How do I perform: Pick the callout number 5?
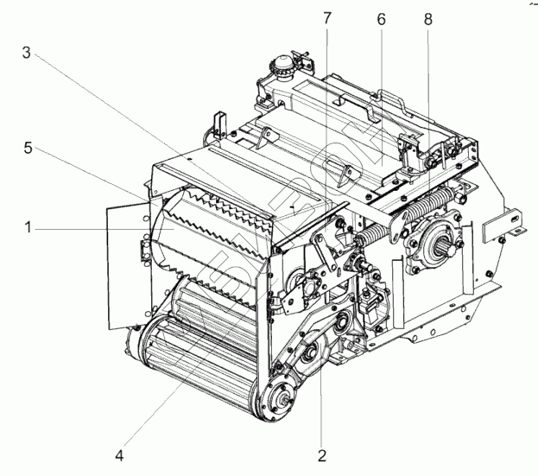click(x=28, y=149)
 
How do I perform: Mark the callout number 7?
click(x=326, y=18)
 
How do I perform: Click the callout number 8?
click(x=428, y=18)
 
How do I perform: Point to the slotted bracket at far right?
click(x=503, y=226)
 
